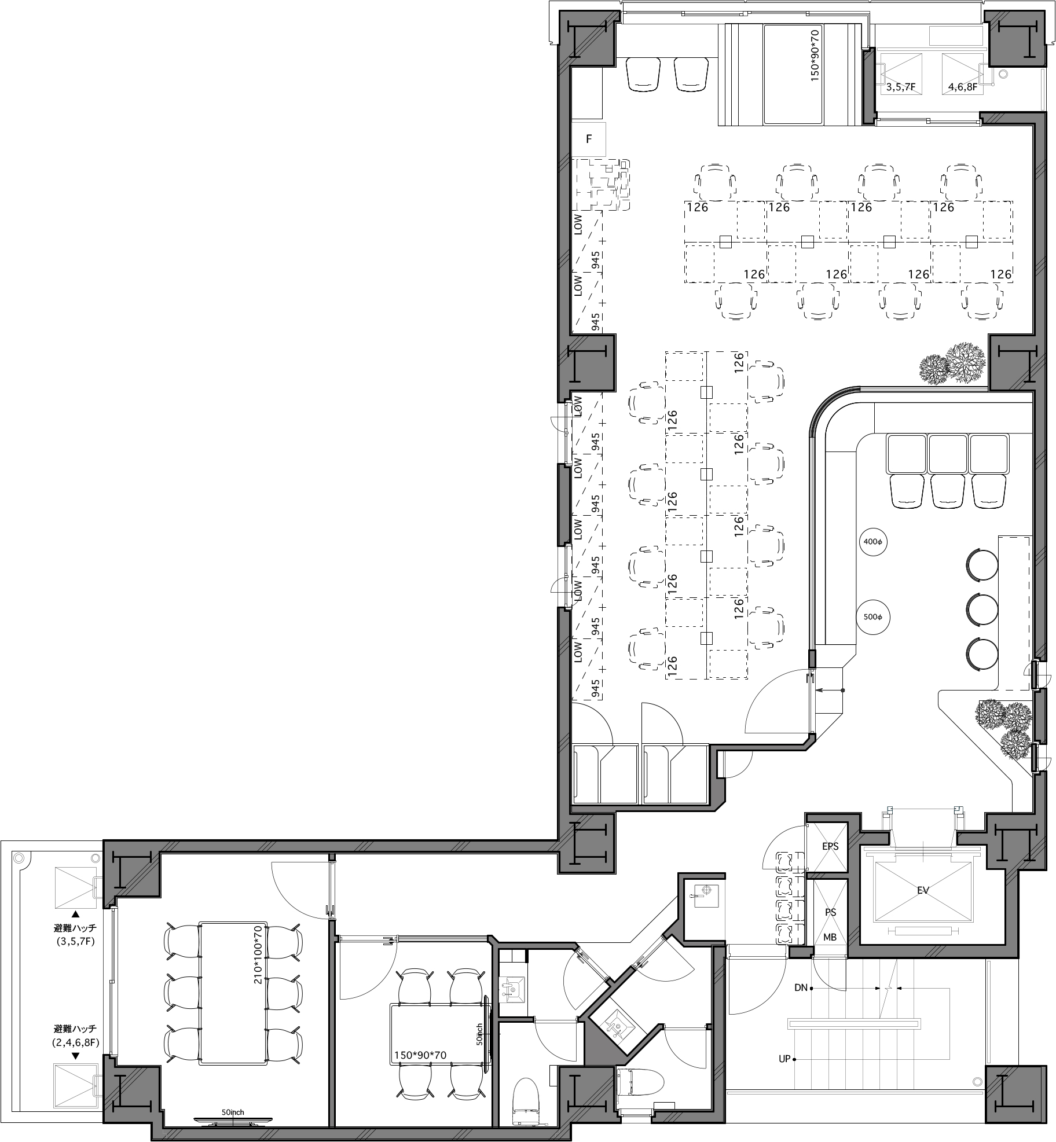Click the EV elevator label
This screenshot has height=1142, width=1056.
pos(923,890)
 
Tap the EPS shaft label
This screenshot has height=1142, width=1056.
pos(830,846)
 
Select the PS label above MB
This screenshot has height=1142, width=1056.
pos(830,912)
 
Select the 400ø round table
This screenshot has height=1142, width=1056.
pos(872,542)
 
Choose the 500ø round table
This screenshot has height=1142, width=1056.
pos(872,617)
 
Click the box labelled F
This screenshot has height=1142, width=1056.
pos(589,139)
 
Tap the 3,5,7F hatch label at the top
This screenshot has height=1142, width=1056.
pos(900,88)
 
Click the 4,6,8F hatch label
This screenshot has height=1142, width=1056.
pos(962,88)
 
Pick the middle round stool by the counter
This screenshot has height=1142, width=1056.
pos(982,608)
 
